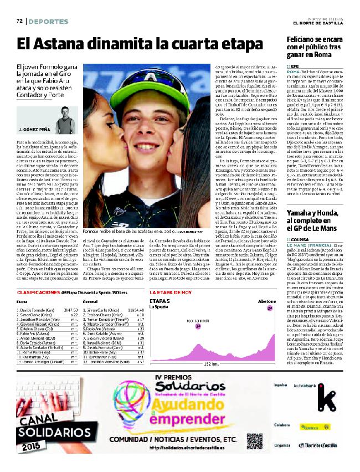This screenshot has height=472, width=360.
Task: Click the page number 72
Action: [19, 21]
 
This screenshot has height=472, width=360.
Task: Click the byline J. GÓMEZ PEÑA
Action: [35, 143]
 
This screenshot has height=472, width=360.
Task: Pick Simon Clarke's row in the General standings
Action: [105, 311]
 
